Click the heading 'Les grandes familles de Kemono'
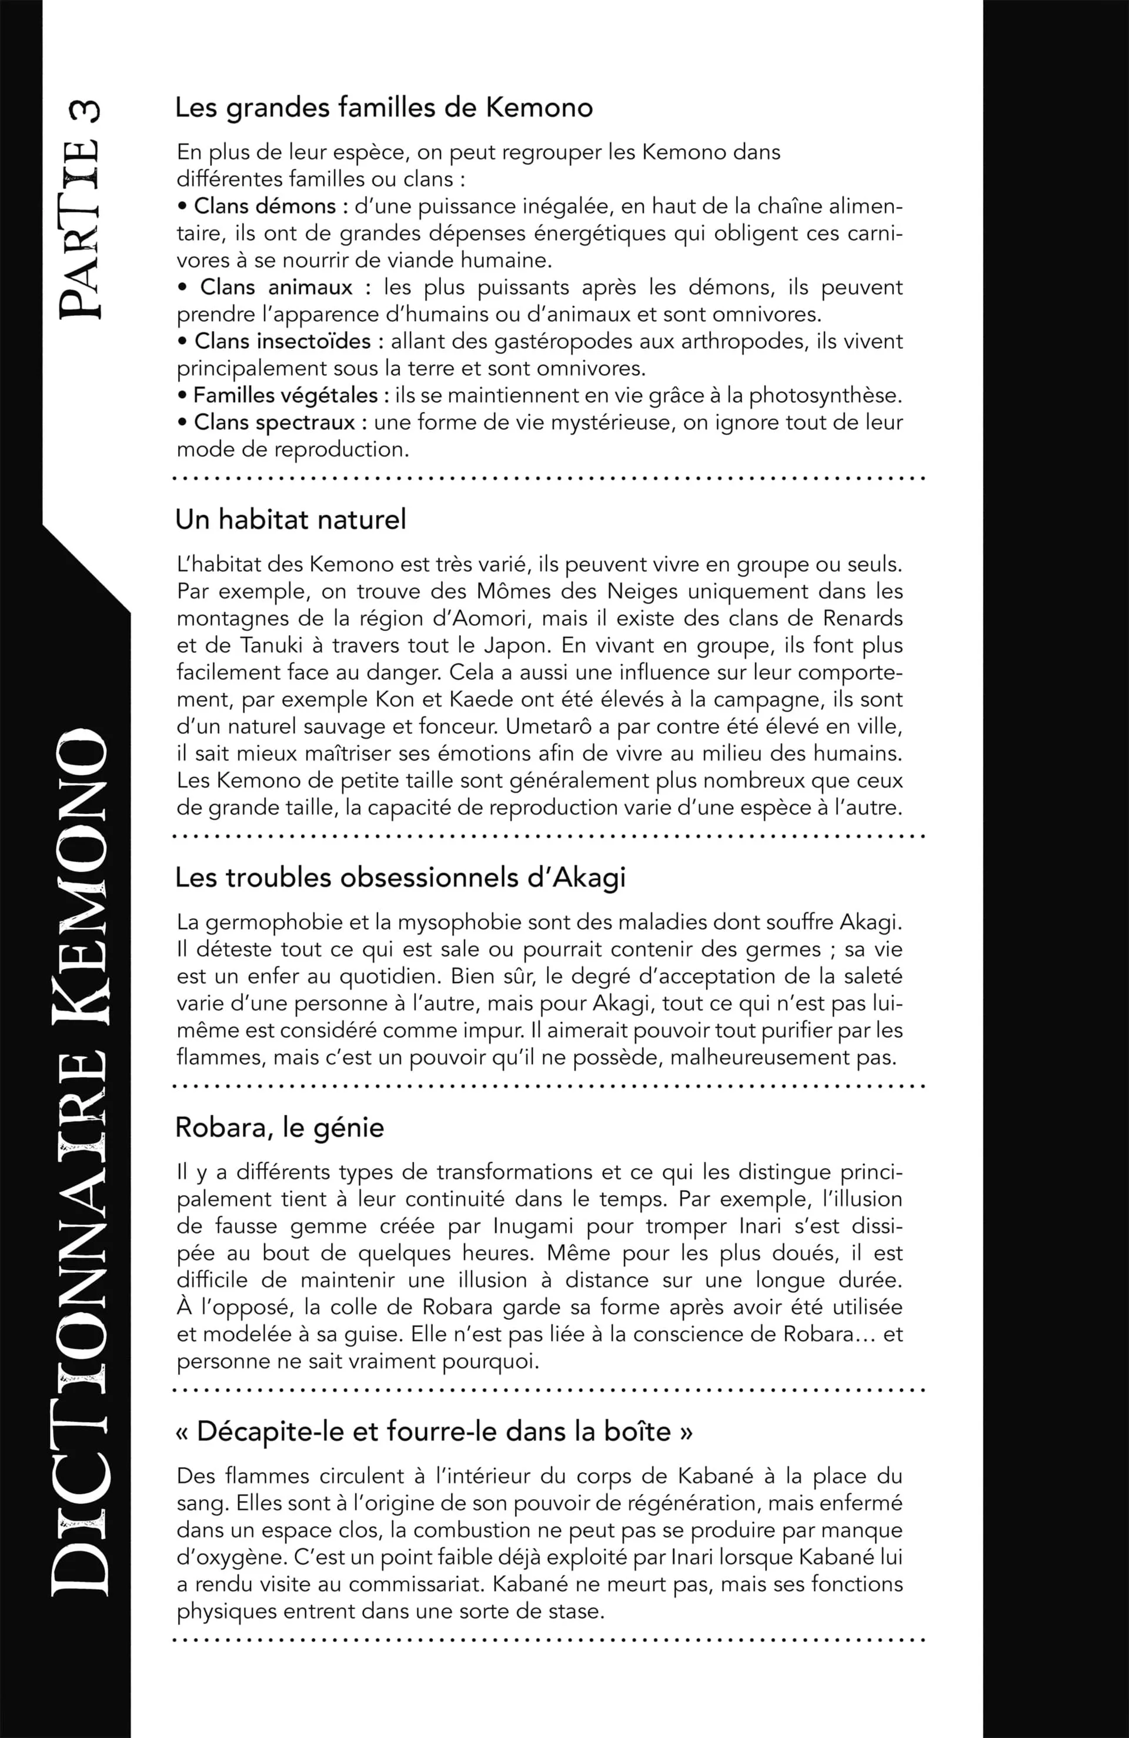(x=383, y=108)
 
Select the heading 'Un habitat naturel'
(x=290, y=519)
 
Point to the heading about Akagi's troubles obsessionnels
(x=400, y=877)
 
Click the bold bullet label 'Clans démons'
(x=265, y=206)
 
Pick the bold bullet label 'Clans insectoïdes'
(x=289, y=341)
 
